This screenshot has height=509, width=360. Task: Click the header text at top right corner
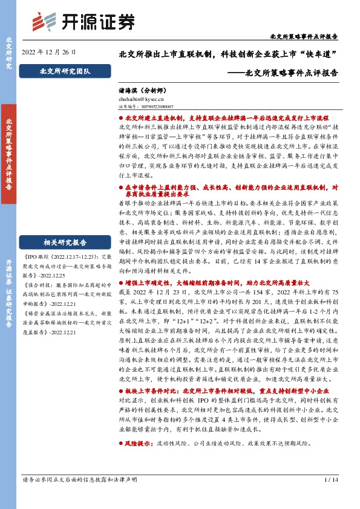312,37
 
